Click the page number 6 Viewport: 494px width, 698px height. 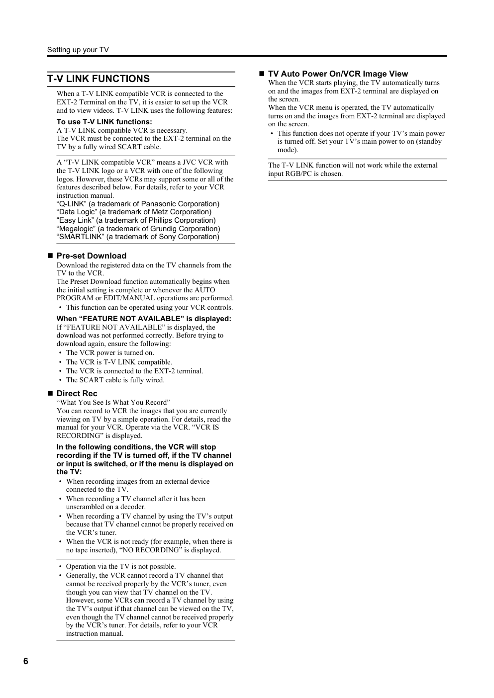click(x=25, y=661)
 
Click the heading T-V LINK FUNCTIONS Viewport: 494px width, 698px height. click(x=98, y=79)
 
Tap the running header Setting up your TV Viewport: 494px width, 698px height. click(x=78, y=50)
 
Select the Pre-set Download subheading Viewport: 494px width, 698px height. click(x=91, y=256)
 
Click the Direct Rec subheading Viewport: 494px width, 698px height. click(x=77, y=393)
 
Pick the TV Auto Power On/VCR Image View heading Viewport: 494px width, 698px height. click(x=337, y=74)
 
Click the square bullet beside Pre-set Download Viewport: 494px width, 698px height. click(x=50, y=256)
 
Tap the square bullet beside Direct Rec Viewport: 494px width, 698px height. click(x=50, y=393)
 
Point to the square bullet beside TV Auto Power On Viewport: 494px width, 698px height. click(x=262, y=74)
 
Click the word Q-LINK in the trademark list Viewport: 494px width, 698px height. click(x=72, y=204)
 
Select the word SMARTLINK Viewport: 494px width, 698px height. click(x=80, y=237)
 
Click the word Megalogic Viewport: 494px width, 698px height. click(x=77, y=229)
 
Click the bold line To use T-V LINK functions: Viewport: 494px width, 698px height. click(x=104, y=122)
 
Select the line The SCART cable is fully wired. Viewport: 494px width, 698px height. click(x=115, y=380)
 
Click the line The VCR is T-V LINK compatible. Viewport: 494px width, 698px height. click(x=119, y=362)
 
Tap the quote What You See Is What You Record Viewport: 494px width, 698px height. click(x=113, y=402)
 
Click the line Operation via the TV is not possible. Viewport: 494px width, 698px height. click(x=120, y=566)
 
